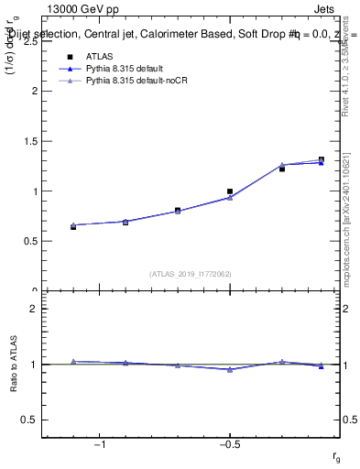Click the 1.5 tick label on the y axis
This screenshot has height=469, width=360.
tap(30, 141)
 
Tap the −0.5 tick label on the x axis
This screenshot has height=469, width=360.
tap(229, 446)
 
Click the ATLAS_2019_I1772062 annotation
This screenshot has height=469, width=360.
tap(191, 273)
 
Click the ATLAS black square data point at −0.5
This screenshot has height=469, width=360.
tap(230, 191)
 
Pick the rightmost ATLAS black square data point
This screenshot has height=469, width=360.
tap(321, 160)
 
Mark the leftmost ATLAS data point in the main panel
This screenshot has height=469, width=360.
tap(73, 226)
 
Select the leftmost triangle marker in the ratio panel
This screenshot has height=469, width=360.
tap(73, 361)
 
